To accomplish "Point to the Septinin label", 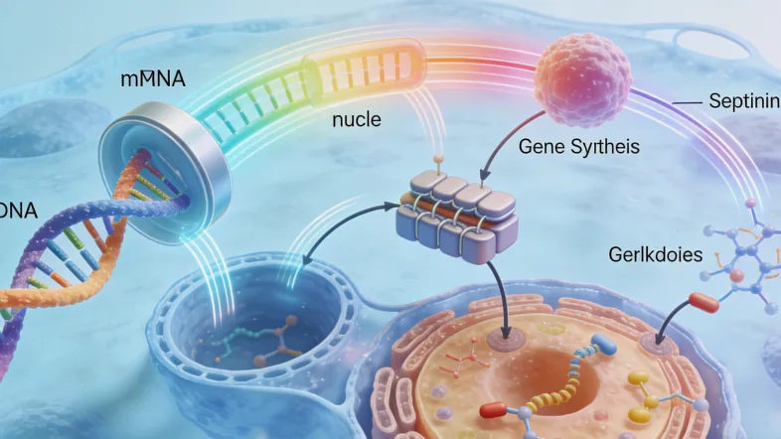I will point(740,101).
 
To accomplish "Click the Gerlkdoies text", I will point(656,255).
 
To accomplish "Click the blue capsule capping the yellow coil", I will point(600,342).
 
